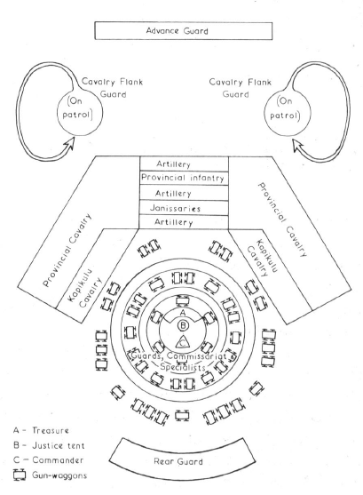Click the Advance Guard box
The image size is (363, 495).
coord(183,30)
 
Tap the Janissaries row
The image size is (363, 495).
coord(184,208)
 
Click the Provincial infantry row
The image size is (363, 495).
coord(184,178)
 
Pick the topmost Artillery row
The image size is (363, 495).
coord(184,164)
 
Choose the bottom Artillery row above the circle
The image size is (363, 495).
coord(184,222)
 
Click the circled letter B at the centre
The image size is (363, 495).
coord(183,325)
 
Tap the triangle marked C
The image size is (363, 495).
coord(183,342)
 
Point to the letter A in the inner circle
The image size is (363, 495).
coord(183,313)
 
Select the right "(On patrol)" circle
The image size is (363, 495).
coord(287,114)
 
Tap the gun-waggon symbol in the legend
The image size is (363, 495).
coord(20,475)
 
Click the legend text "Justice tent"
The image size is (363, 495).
coord(59,445)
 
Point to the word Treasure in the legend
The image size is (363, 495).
coord(51,430)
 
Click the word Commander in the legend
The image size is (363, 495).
coord(58,460)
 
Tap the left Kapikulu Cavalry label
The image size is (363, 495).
coord(84,289)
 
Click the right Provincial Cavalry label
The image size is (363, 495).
coord(282,220)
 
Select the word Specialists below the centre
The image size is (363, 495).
coord(183,367)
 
